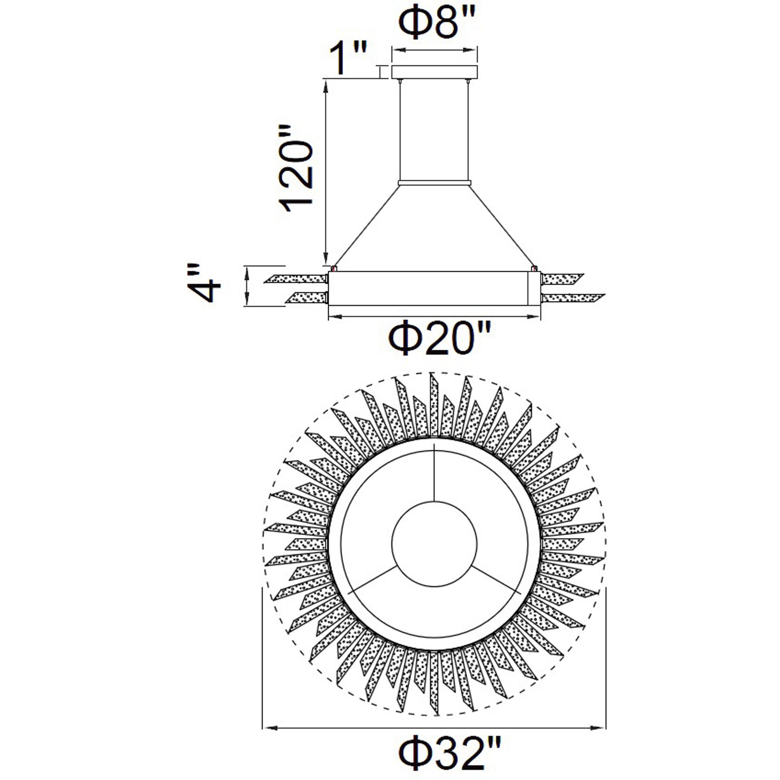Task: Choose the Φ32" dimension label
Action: coord(451,753)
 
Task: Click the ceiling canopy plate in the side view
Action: coord(434,72)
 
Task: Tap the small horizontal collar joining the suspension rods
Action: coord(434,183)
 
